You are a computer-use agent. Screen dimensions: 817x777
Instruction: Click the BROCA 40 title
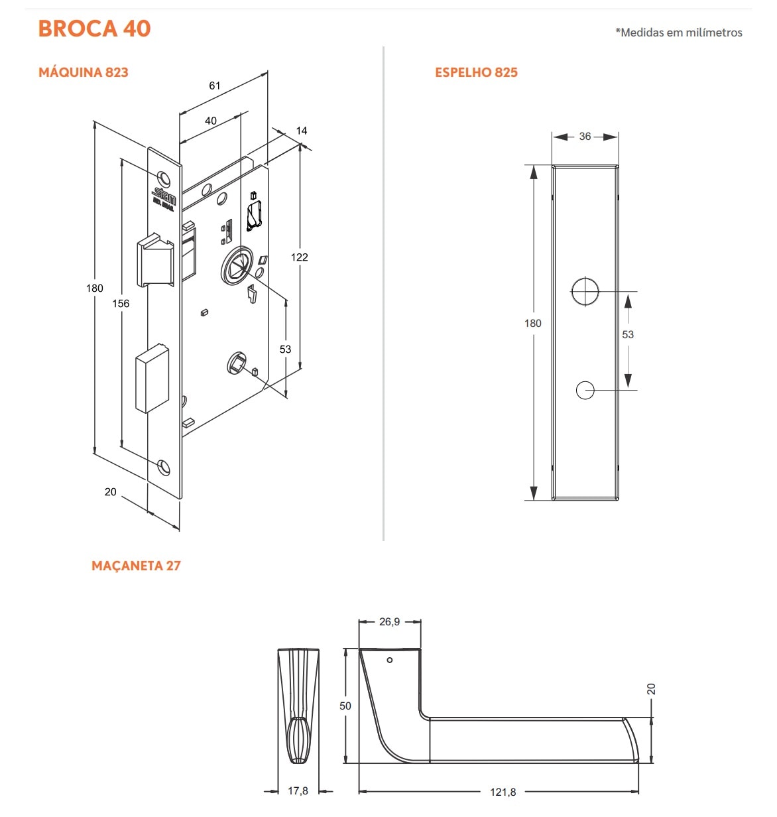point(94,29)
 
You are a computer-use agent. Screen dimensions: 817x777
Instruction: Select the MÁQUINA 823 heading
point(84,72)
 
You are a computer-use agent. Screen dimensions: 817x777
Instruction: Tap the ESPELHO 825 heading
point(476,72)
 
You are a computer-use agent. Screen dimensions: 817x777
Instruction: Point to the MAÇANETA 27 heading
point(136,566)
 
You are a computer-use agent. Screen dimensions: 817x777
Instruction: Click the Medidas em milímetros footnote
point(679,32)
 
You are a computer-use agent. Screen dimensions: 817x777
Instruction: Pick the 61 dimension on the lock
point(214,86)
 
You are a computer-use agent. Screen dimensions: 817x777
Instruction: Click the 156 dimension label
point(121,304)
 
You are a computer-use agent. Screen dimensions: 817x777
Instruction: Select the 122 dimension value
point(299,257)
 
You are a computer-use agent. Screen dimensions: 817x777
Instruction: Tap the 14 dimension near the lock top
point(302,131)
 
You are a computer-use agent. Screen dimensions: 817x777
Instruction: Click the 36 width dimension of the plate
point(585,137)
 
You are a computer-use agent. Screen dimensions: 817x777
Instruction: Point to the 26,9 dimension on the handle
point(389,622)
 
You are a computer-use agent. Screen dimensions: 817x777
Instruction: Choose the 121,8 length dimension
point(503,792)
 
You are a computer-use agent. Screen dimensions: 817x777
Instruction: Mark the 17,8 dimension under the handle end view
point(298,791)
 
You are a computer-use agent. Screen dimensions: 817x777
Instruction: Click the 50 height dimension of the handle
point(345,706)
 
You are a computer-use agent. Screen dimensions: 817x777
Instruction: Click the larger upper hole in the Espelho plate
point(585,291)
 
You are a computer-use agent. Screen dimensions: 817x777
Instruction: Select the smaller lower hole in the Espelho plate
point(585,390)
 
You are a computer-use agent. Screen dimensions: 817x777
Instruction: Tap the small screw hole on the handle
point(390,660)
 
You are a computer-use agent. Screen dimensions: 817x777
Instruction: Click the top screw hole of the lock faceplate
point(163,178)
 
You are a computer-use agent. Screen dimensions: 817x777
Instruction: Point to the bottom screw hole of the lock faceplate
point(164,467)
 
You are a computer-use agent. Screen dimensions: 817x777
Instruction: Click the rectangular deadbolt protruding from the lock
point(152,378)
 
